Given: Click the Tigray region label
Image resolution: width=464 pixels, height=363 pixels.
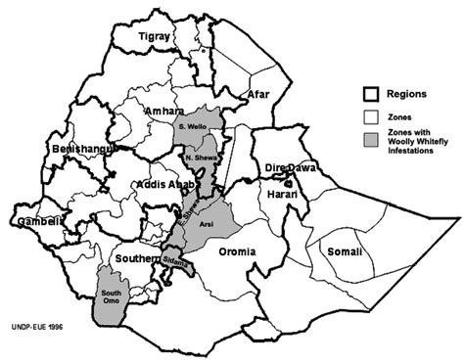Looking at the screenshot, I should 158,36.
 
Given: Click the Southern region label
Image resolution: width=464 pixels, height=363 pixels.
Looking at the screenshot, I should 137,258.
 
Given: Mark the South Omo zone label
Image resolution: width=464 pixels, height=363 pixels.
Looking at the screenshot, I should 110,295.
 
